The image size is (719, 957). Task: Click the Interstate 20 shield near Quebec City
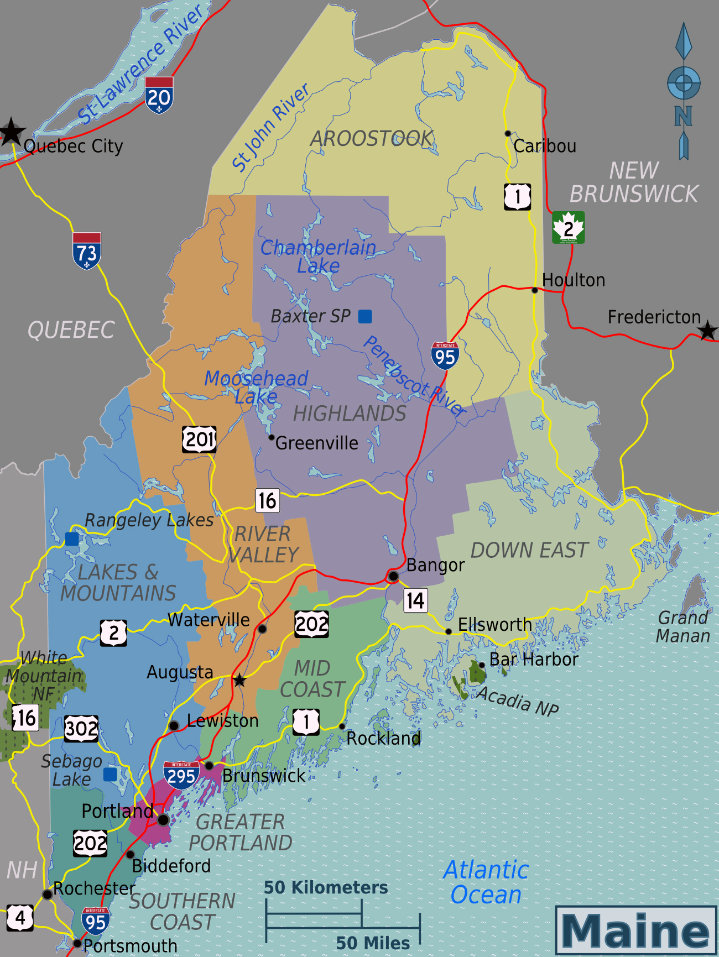[x=159, y=96]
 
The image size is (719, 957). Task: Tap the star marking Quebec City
[x=11, y=132]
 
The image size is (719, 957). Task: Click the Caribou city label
[x=545, y=146]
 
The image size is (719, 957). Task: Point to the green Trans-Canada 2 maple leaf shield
[x=568, y=227]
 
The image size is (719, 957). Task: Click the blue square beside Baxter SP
[x=365, y=316]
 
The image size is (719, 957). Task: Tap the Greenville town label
[x=316, y=443]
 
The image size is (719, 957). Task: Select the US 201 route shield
[x=199, y=440]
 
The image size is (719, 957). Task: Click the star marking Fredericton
[x=707, y=331]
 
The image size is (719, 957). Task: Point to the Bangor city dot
[x=393, y=576]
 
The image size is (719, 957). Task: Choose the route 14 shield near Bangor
[x=415, y=600]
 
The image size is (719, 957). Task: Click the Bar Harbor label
[x=534, y=660]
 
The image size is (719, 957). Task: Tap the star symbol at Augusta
[x=239, y=681]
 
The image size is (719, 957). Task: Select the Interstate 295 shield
[x=181, y=775]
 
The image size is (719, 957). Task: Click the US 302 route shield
[x=81, y=729]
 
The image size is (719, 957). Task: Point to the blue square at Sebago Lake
[x=110, y=774]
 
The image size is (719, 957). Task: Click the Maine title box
[x=635, y=930]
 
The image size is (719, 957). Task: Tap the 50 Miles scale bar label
[x=373, y=943]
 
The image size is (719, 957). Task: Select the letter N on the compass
[x=684, y=116]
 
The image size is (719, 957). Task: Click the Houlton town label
[x=574, y=280]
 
